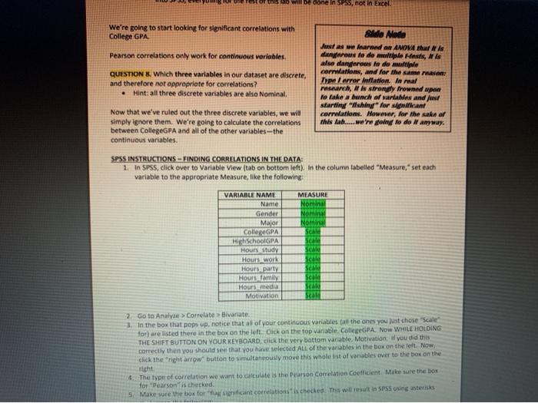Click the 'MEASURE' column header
312,195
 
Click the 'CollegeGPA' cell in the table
261,231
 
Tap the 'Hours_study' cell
260,249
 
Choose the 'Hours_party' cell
260,268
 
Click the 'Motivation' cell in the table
260,296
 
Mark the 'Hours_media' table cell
258,286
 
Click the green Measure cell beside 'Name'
312,204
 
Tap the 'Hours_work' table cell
260,259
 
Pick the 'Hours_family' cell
259,277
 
